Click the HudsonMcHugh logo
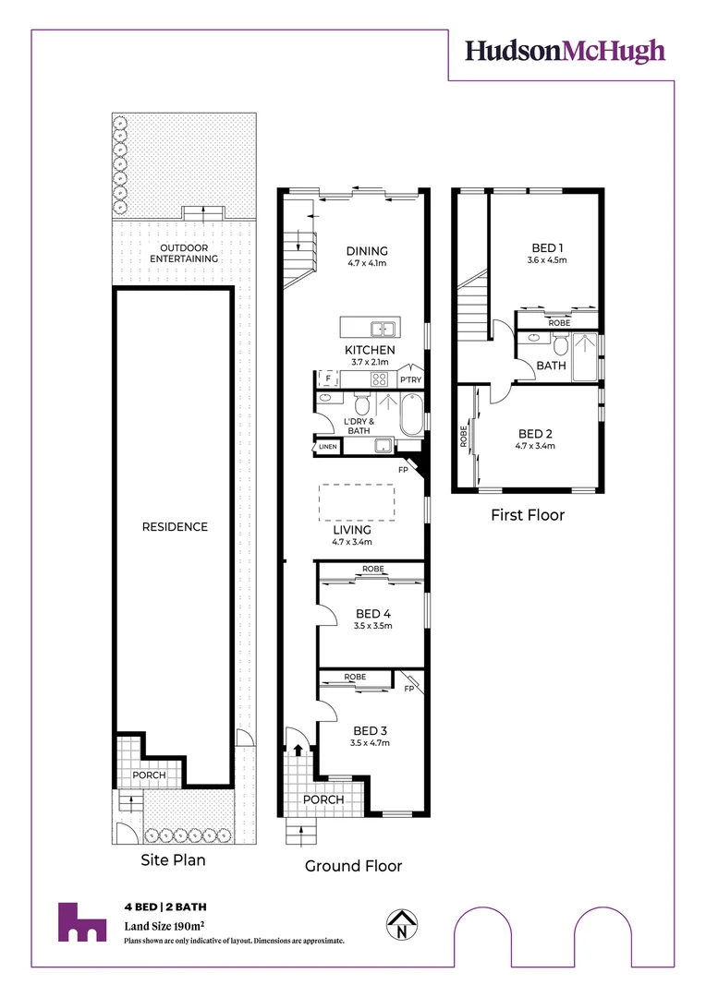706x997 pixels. [x=565, y=51]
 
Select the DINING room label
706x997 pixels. [x=367, y=250]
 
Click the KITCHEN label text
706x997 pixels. [x=370, y=350]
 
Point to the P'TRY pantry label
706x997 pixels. [x=409, y=379]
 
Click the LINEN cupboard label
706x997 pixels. [x=328, y=447]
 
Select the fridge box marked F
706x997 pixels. [x=326, y=378]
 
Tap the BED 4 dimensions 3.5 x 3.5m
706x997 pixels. [x=371, y=626]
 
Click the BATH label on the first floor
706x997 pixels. [x=552, y=366]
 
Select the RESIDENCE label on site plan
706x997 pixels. [x=175, y=527]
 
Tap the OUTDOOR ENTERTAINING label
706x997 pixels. [x=189, y=254]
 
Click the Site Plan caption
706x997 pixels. [x=173, y=859]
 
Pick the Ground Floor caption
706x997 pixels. [x=354, y=866]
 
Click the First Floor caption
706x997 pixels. [x=527, y=515]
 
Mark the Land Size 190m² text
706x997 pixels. [x=164, y=925]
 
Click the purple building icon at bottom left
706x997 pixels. [x=81, y=921]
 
